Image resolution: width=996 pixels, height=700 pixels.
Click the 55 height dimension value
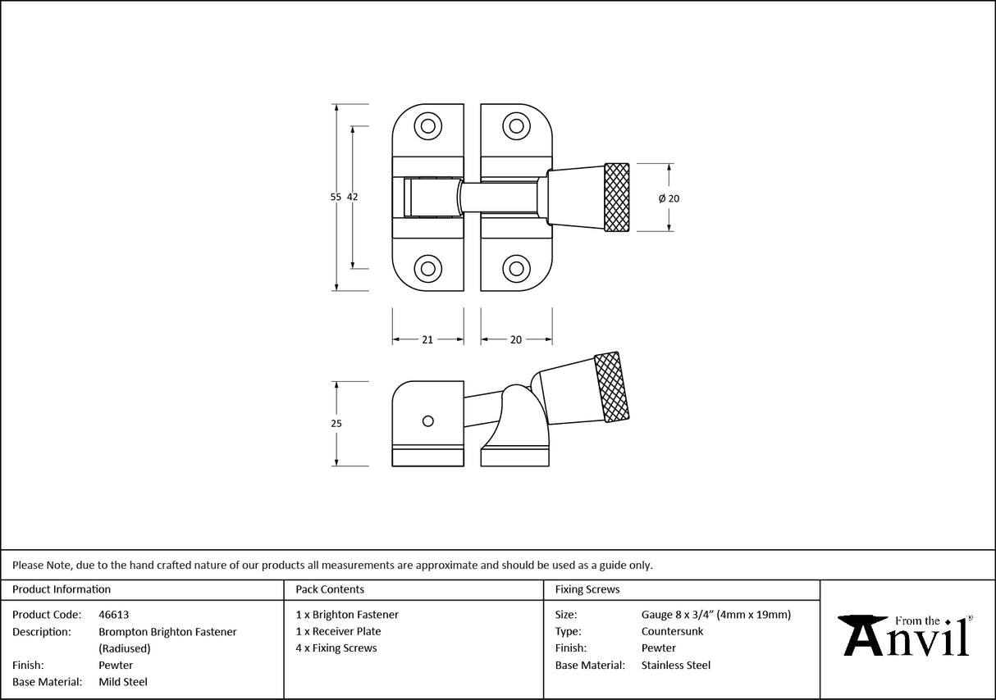(335, 197)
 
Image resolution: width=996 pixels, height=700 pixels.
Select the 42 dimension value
(353, 197)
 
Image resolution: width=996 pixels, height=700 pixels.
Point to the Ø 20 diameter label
(669, 198)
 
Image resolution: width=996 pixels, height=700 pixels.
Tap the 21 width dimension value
(427, 339)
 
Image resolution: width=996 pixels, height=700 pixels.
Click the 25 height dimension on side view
(336, 424)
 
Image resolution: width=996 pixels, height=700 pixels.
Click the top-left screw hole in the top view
(427, 125)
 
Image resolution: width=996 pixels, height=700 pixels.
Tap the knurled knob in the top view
(617, 198)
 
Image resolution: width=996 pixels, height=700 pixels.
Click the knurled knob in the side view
(611, 388)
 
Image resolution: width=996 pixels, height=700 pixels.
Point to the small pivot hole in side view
(427, 420)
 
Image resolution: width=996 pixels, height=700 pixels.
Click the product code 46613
(113, 615)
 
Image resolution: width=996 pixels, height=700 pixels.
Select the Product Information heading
(62, 589)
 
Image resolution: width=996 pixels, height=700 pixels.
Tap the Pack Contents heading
(330, 589)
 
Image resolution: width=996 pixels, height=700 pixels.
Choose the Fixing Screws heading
(587, 589)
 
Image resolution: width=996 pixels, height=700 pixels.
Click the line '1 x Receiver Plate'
(338, 631)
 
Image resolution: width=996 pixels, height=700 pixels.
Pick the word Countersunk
(672, 631)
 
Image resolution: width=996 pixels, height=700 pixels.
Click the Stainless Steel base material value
(675, 666)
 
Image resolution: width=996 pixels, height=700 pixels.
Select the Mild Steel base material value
(123, 682)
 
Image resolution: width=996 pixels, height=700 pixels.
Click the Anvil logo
(907, 635)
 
